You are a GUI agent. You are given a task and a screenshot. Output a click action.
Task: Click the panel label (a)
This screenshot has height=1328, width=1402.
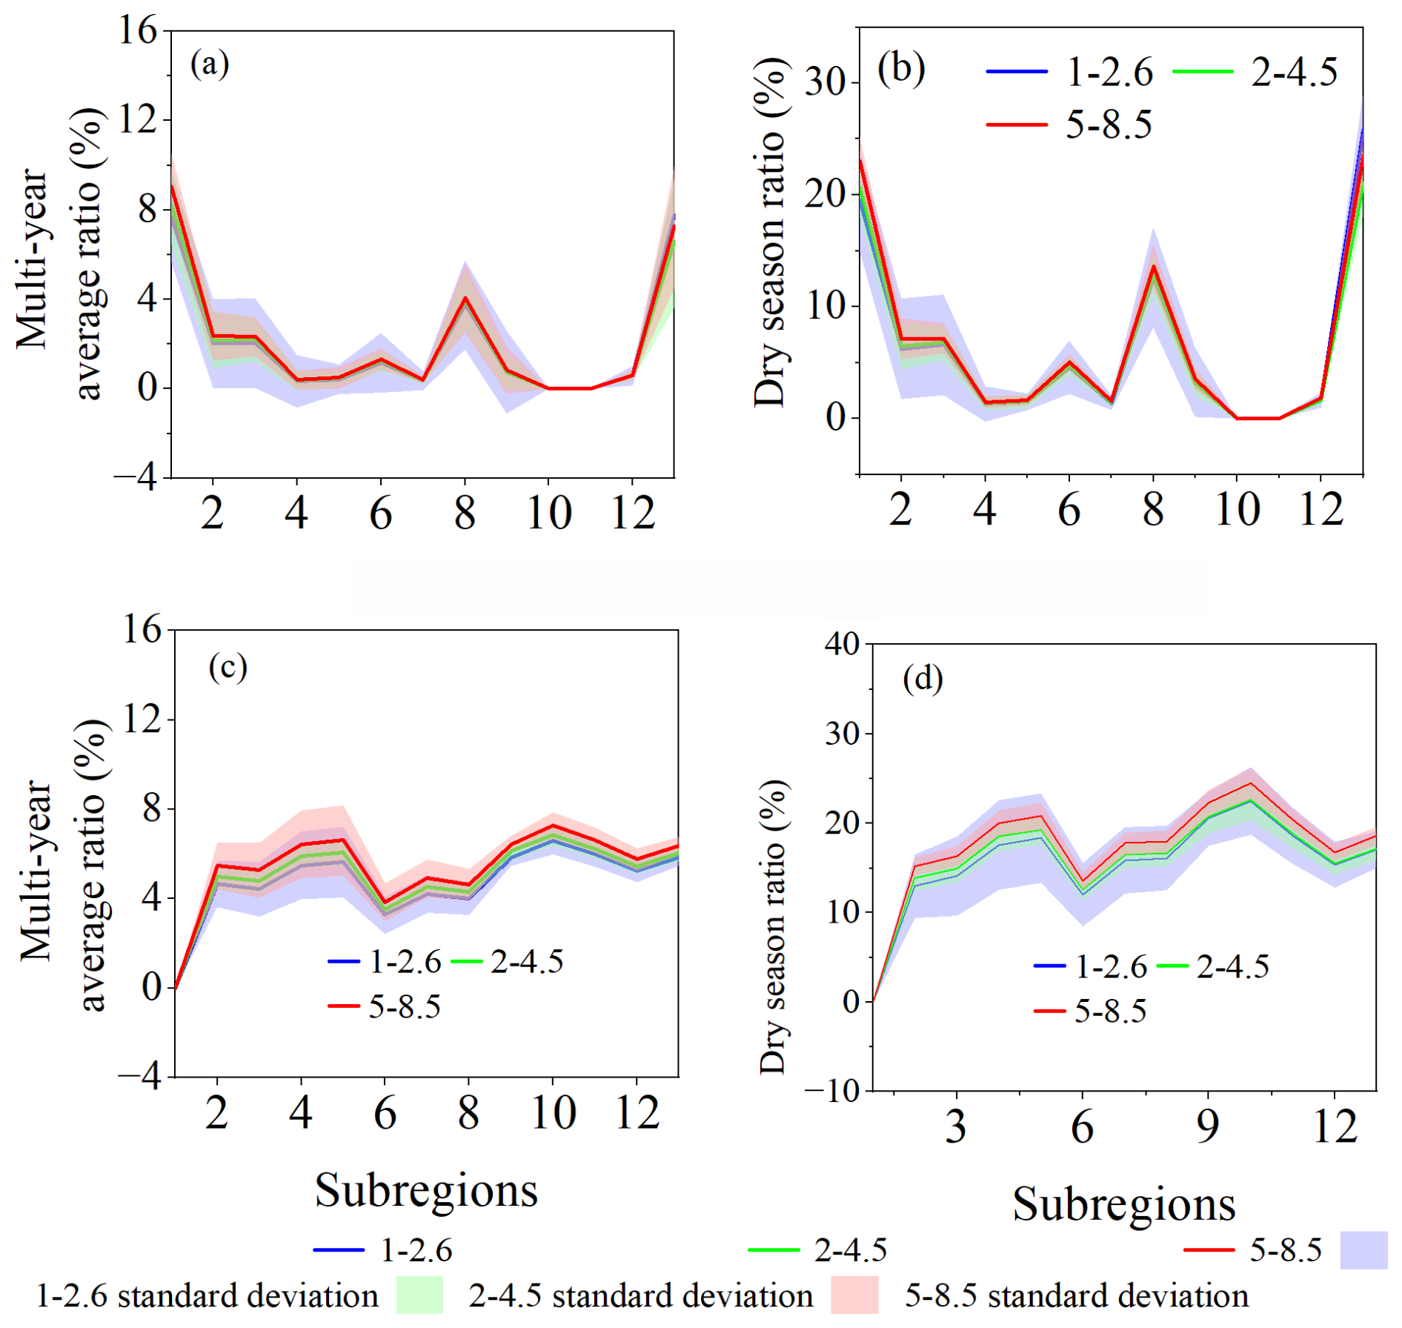tap(210, 64)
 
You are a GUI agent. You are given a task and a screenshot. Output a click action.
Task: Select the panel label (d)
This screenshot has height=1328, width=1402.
tap(923, 678)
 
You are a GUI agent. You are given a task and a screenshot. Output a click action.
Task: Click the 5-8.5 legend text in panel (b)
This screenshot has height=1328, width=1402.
tap(1109, 124)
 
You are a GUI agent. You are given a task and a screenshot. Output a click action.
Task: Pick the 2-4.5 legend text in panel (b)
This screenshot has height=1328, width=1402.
tap(1294, 73)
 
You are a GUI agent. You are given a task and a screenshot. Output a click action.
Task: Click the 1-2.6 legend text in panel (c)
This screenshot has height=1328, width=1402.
tap(405, 962)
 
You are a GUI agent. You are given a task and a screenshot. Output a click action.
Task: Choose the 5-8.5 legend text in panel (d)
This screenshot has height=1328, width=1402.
tap(1110, 1011)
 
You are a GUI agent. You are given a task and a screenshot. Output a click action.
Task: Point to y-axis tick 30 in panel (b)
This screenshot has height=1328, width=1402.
tap(825, 82)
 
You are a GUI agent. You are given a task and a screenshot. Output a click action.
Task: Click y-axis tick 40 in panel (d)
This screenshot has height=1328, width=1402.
tap(842, 644)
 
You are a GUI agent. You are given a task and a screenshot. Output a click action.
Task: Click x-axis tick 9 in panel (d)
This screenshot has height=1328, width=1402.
tap(1208, 1127)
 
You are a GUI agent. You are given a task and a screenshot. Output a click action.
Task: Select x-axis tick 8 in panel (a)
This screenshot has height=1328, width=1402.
tap(465, 513)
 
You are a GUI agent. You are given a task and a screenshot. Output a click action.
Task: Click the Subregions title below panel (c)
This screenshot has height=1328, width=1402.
tap(426, 1191)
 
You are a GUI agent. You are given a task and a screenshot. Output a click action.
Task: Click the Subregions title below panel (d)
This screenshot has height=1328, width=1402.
tap(1123, 1204)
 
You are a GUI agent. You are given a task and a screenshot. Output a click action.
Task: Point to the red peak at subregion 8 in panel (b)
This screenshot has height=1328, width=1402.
tap(1153, 267)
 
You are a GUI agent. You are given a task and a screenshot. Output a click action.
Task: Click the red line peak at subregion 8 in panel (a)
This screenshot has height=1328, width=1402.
tap(465, 298)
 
